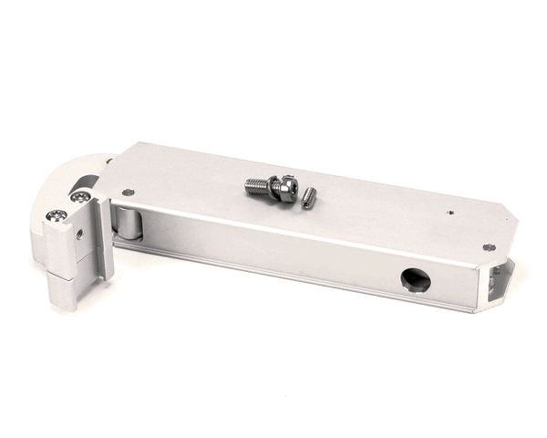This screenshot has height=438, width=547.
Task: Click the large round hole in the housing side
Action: [x=416, y=280]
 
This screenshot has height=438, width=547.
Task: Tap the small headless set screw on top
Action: [x=309, y=196]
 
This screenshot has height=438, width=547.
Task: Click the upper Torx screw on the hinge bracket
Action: [x=81, y=196]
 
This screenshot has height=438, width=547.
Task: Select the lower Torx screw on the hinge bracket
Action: [x=58, y=216]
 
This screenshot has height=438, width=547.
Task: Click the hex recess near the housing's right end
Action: [x=489, y=246]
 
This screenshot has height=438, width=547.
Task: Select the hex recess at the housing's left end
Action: [x=128, y=193]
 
